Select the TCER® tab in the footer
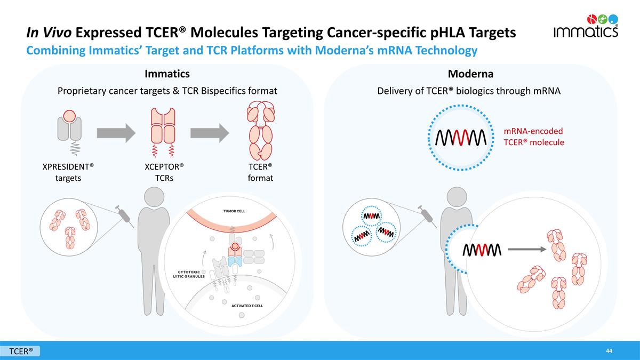click(21, 351)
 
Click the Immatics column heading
click(167, 73)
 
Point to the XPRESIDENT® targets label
click(68, 172)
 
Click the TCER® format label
click(260, 172)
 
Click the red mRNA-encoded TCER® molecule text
click(533, 137)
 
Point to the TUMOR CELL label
click(230, 211)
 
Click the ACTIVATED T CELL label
click(246, 306)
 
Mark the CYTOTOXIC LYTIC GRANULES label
click(189, 274)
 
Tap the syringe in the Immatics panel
click(124, 215)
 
